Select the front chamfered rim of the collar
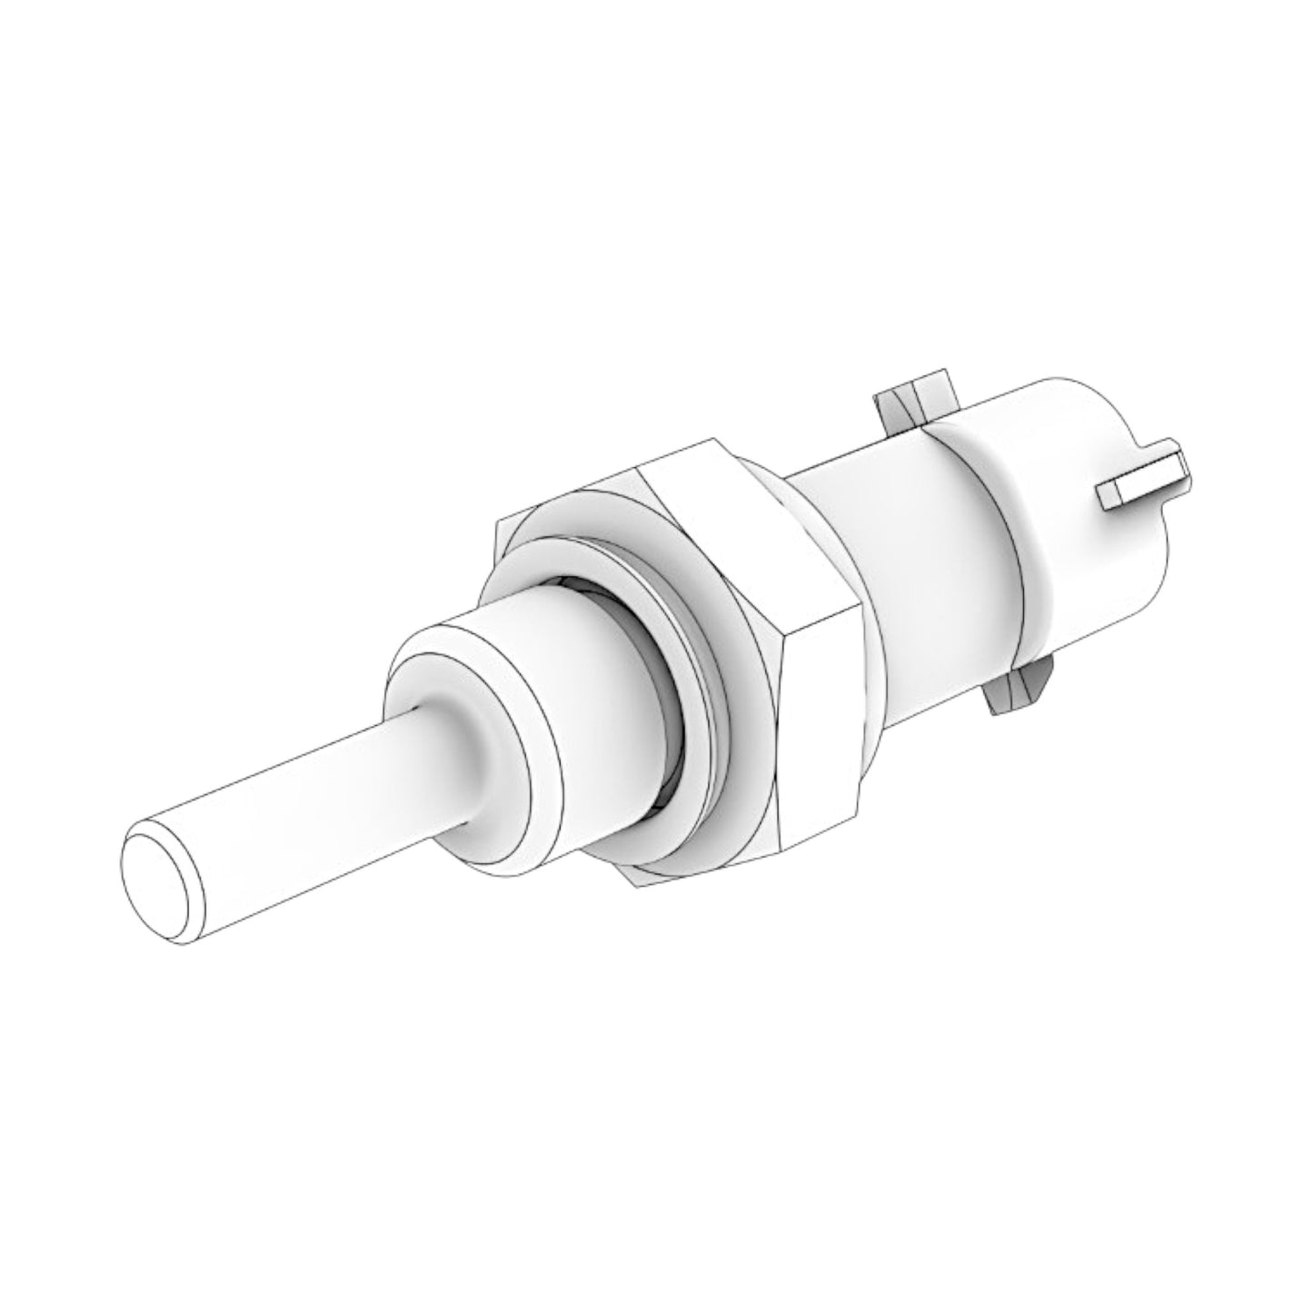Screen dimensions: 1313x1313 pyautogui.click(x=427, y=650)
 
